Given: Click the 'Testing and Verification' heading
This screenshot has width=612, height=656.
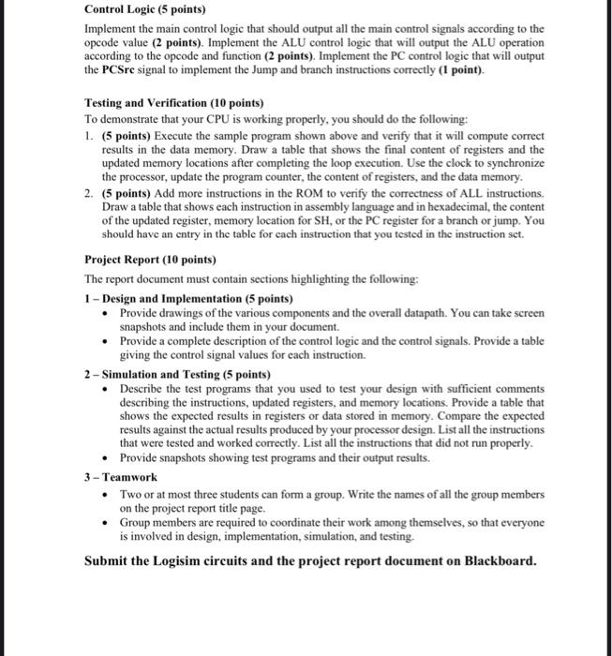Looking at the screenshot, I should tap(173, 102).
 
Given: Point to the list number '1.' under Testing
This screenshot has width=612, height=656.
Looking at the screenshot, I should tap(89, 135).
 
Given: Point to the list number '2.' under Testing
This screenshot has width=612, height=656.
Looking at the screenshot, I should tap(89, 192).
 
